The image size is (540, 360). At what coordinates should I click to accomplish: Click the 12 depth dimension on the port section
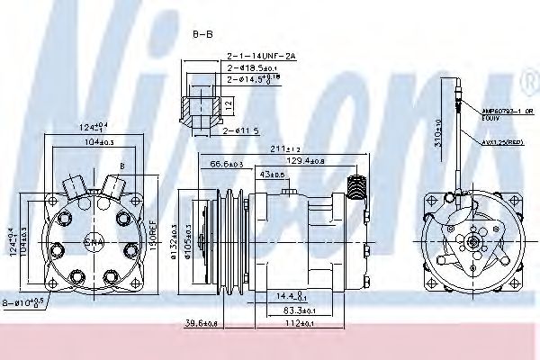pyautogui.click(x=230, y=104)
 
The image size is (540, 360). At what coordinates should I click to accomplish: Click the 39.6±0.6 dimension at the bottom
pyautogui.click(x=194, y=323)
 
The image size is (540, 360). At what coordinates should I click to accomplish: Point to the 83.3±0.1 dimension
pyautogui.click(x=310, y=309)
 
